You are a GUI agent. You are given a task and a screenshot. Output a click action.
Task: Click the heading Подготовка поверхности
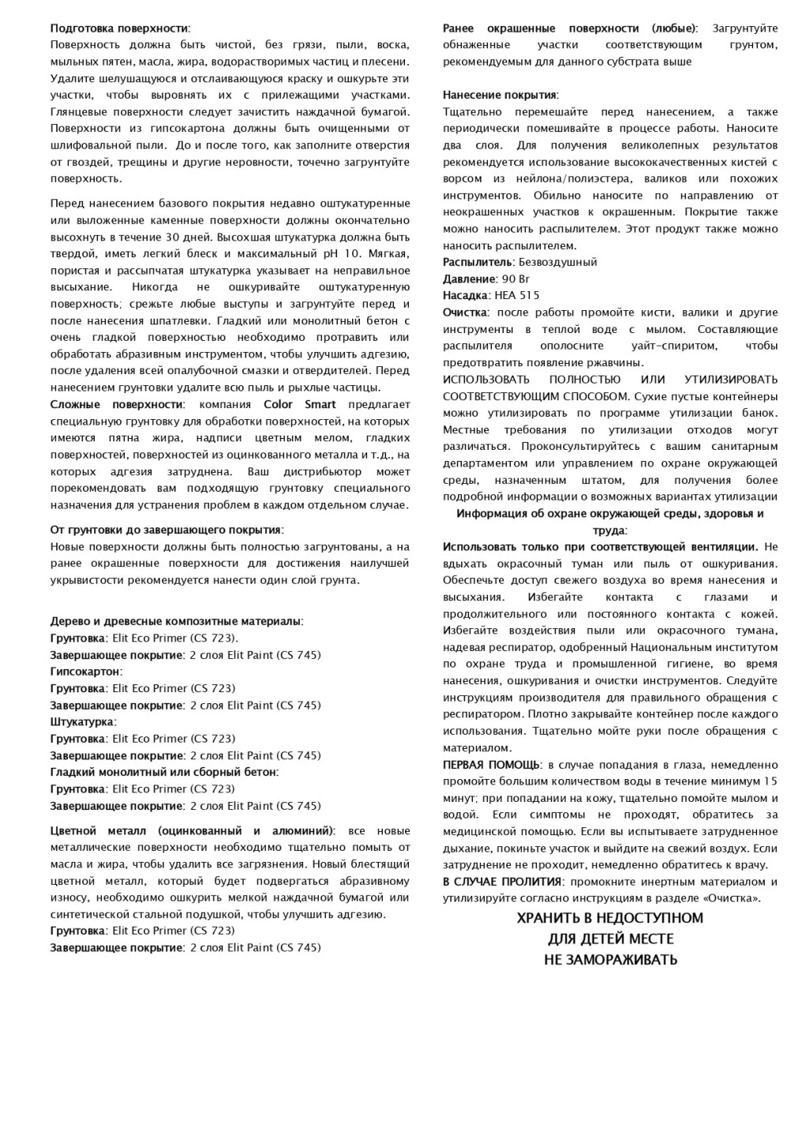(120, 28)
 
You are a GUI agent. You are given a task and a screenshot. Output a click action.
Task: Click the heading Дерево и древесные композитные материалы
(176, 621)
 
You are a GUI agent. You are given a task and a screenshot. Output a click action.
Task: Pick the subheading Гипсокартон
(85, 672)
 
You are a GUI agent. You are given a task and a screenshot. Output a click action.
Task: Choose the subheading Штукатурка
(82, 722)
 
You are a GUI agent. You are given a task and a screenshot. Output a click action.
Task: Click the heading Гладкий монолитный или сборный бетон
(163, 772)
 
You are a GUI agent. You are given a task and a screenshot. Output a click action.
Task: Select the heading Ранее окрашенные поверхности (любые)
(569, 28)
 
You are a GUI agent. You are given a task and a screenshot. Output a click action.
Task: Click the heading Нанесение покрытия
(500, 95)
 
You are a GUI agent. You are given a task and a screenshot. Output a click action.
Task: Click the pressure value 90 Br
(516, 279)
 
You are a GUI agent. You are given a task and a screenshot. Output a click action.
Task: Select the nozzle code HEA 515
(517, 295)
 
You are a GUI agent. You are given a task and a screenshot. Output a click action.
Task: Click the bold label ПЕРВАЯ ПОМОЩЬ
(491, 765)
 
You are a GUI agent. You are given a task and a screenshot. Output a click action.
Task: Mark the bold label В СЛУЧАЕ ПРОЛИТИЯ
(502, 882)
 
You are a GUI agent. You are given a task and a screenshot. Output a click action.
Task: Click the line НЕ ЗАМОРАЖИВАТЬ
(610, 961)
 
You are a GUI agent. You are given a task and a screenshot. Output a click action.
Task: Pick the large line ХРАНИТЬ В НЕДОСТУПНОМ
(609, 919)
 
